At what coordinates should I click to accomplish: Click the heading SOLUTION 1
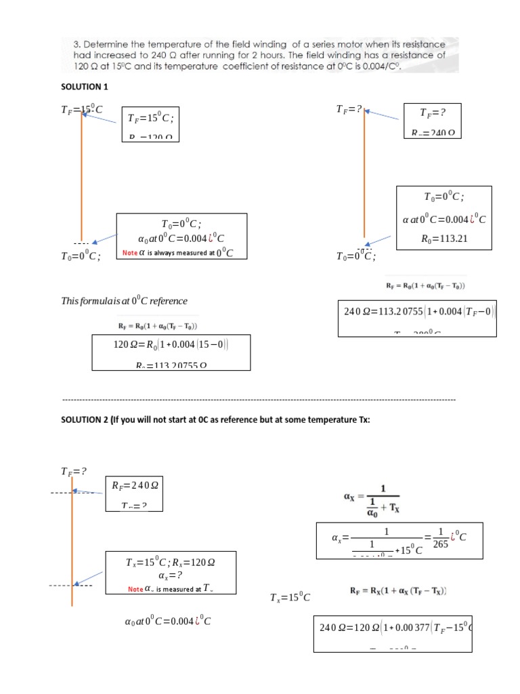tap(85, 87)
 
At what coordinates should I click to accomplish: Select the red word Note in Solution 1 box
tap(129, 253)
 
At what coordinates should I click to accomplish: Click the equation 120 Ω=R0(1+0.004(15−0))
tap(171, 344)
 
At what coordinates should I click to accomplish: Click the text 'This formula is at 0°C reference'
tap(124, 301)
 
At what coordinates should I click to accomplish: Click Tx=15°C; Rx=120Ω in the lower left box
tap(170, 563)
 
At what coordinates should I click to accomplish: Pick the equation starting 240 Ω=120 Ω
tap(394, 628)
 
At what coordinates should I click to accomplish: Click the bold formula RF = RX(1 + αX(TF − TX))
tap(398, 591)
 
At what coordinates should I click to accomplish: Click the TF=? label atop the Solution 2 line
tap(74, 471)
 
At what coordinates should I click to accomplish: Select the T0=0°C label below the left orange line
tap(81, 256)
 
